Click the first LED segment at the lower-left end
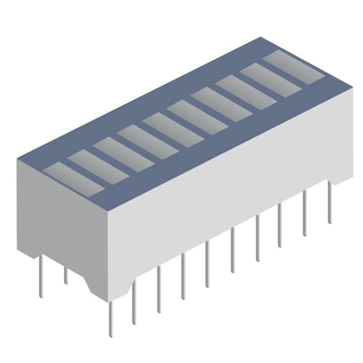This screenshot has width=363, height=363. coord(73,179)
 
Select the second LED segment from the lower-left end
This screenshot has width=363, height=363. coord(98,166)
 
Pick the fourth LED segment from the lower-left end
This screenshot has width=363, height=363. coord(148,141)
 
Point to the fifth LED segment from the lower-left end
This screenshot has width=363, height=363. coord(172,129)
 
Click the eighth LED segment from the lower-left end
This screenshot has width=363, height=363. coord(246,92)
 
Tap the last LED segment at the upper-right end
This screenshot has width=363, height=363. coord(294,67)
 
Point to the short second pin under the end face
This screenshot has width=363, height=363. coord(66,275)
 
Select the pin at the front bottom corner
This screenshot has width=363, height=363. coord(111,318)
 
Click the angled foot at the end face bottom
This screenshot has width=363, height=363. coord(91,284)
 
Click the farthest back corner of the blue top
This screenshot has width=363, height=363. coord(262,38)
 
